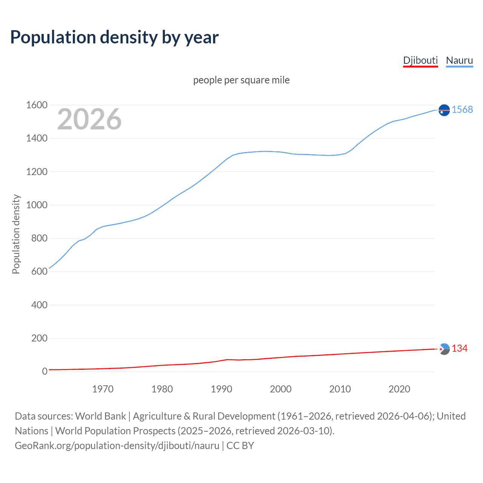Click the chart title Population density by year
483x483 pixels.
click(x=114, y=37)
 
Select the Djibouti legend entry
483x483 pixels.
click(x=420, y=60)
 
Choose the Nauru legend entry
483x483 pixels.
click(x=459, y=60)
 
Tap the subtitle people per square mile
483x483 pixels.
click(x=241, y=80)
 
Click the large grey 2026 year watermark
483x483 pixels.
click(x=89, y=119)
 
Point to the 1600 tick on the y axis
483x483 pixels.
click(x=37, y=105)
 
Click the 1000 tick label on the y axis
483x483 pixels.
click(x=37, y=205)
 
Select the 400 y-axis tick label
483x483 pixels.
click(x=39, y=305)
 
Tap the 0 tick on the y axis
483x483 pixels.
click(x=45, y=371)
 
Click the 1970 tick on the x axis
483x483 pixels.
click(x=103, y=389)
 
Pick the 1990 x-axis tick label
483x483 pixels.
click(x=222, y=389)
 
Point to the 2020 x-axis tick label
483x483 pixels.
click(x=399, y=389)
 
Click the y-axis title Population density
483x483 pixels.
click(x=16, y=234)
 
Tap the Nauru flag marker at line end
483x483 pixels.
click(x=444, y=110)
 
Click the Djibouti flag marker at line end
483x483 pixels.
click(x=445, y=349)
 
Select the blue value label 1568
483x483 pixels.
click(x=462, y=109)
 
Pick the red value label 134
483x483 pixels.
click(x=460, y=348)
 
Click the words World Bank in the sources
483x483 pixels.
click(x=100, y=416)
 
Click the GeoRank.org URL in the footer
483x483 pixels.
click(x=117, y=446)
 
